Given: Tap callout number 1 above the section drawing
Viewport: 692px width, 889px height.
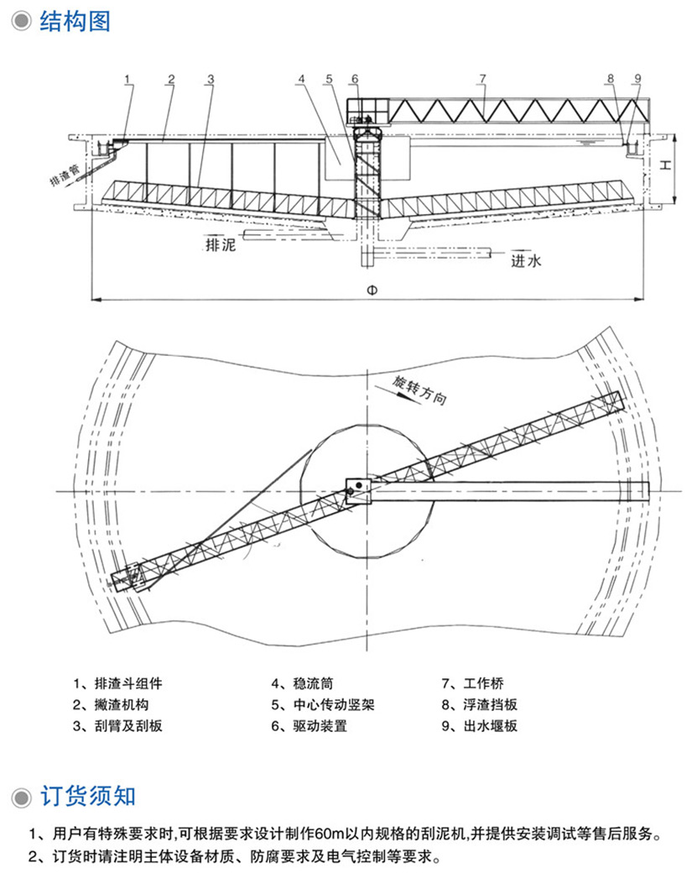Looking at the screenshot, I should tap(127, 80).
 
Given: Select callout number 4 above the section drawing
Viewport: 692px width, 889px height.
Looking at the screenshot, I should tap(299, 80).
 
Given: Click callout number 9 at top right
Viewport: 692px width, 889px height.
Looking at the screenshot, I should tap(637, 80).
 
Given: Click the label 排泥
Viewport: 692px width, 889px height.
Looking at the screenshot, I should tap(221, 247).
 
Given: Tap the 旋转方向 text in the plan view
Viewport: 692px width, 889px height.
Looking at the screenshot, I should tap(419, 387).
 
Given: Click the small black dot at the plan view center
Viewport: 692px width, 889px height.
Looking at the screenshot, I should tap(357, 485).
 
